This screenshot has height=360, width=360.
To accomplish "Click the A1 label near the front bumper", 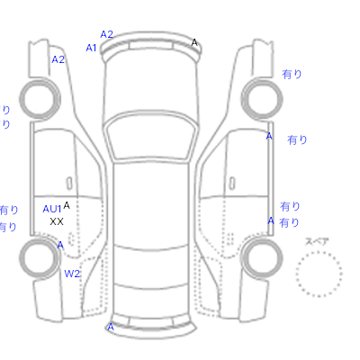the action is coord(91,48).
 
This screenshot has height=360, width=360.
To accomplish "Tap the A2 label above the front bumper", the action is coord(106,34).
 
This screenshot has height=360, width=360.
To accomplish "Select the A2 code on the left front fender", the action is coord(58,59).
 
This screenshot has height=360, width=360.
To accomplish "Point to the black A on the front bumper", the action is coord(194,42).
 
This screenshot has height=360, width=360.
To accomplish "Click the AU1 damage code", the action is coord(52,209).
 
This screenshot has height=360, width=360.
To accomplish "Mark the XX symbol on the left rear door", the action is coord(57,221).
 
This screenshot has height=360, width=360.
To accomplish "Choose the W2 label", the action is coord(72,274).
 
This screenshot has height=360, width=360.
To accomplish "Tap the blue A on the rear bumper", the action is coord(111,327).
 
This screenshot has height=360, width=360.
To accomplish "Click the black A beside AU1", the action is coord(67,205).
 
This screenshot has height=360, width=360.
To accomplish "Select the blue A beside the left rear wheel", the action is coord(60,245).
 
